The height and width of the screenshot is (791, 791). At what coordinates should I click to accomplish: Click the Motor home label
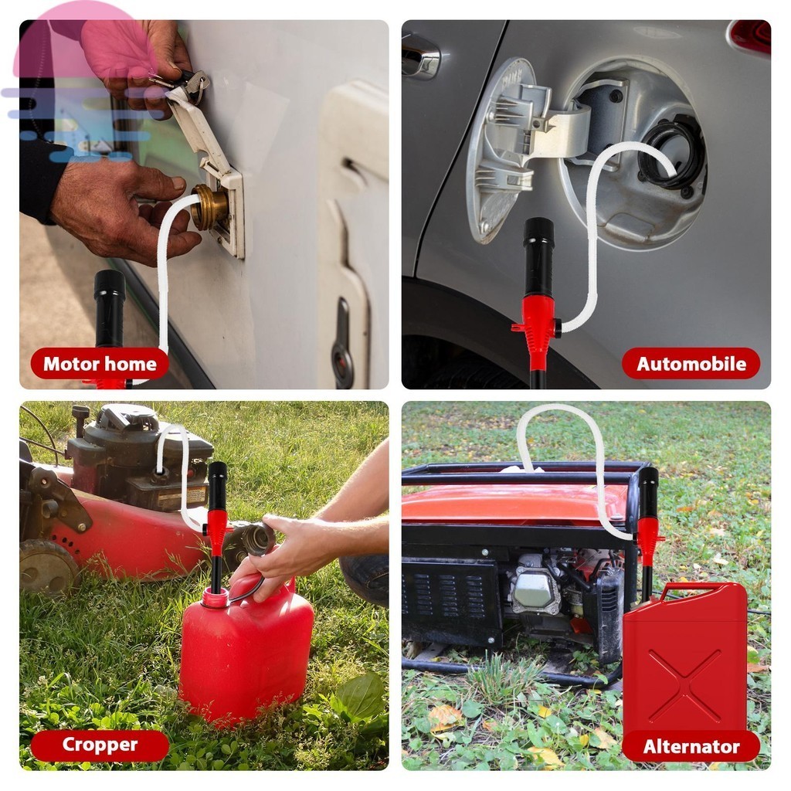tap(100, 364)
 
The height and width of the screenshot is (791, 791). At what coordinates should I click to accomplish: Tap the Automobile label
tap(691, 364)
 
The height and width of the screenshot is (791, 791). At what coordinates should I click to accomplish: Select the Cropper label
tap(100, 745)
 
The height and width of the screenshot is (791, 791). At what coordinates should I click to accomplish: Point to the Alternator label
tap(691, 746)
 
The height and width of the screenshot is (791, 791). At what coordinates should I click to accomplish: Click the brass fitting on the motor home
tap(209, 207)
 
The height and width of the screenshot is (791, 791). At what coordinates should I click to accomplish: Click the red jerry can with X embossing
tap(684, 661)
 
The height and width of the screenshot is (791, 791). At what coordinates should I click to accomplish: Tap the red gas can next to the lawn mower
tap(246, 650)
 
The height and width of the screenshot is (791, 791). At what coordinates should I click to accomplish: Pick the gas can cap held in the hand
tap(258, 538)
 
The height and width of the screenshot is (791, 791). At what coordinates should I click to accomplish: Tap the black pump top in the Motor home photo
tap(110, 307)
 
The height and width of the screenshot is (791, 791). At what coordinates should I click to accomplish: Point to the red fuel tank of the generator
tap(514, 503)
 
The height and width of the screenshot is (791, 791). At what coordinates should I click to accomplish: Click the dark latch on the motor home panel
tap(342, 343)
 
